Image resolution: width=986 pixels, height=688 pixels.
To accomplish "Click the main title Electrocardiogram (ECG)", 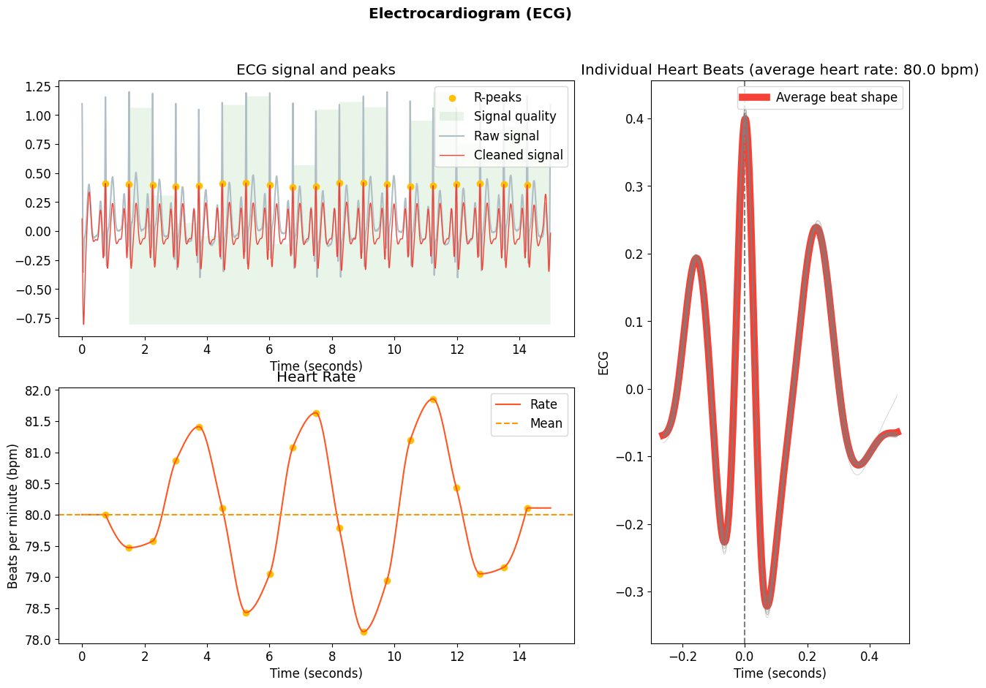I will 470,14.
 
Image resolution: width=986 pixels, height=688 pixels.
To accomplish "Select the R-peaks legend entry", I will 497,97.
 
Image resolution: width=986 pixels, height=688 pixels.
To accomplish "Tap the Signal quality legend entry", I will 514,116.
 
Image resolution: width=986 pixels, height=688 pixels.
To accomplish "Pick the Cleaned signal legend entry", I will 518,155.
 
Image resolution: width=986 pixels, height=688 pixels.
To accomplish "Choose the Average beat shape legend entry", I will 836,97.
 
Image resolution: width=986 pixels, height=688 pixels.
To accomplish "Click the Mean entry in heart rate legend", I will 546,423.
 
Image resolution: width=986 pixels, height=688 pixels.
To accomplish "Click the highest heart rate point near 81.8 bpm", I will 433,400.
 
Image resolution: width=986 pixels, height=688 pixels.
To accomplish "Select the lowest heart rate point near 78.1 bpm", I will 364,632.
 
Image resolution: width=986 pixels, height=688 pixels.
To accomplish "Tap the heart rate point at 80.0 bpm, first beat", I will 105,515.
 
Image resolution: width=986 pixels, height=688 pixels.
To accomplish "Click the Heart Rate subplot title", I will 316,377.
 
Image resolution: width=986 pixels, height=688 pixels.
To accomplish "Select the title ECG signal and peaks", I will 316,70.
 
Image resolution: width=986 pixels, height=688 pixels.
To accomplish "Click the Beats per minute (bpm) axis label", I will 13,516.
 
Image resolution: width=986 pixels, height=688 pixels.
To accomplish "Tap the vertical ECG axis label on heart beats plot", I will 603,363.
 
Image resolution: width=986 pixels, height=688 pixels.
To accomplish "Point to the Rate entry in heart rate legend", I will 543,404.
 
